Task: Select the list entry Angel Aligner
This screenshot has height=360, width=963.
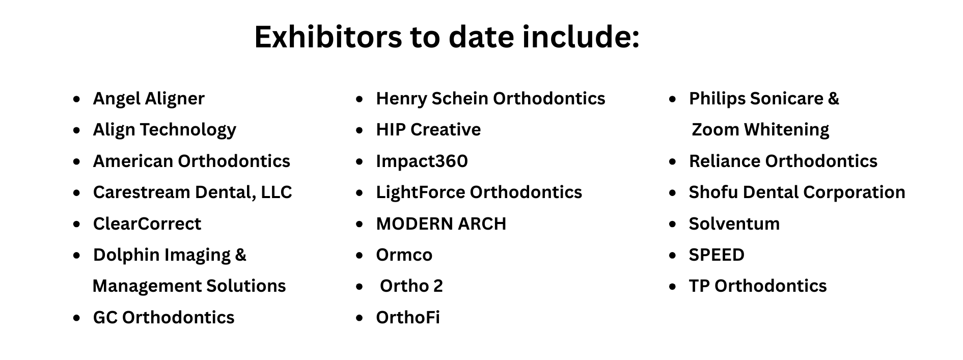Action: coord(149,99)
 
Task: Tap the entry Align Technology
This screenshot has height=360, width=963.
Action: coord(164,130)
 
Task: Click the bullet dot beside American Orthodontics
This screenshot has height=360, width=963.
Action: coord(77,162)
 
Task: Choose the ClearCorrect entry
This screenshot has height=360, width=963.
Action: coord(147,224)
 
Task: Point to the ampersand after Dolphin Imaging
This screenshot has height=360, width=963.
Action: coord(240,255)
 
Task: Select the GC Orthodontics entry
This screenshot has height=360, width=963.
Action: coord(163,318)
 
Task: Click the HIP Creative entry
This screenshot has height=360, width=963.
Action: coord(428,130)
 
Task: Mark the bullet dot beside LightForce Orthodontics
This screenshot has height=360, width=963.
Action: coord(360,193)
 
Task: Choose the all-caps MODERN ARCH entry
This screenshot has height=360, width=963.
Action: coord(441,224)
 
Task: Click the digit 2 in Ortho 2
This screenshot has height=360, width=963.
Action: coord(438,286)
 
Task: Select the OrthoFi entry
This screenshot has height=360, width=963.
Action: coord(408,318)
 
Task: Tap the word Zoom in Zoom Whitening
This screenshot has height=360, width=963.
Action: coord(715,130)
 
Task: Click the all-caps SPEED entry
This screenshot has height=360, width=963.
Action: coord(717,255)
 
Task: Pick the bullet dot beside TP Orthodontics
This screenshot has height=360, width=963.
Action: coord(673,287)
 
